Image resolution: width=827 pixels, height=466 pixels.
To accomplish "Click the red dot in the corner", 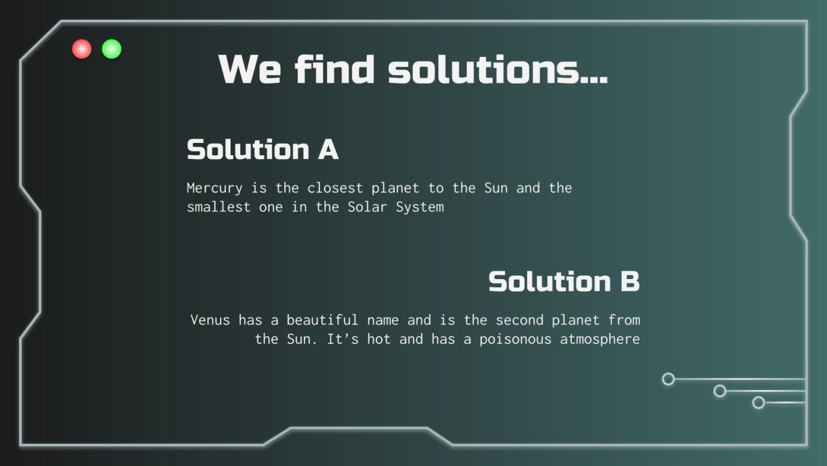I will (x=82, y=49).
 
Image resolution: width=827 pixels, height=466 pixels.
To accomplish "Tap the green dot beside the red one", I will (x=112, y=49).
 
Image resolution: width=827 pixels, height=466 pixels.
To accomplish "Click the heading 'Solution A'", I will (x=263, y=149).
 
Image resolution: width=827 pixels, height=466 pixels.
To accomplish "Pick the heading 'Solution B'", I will (x=564, y=282).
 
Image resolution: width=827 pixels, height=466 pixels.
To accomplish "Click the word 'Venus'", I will (x=210, y=320).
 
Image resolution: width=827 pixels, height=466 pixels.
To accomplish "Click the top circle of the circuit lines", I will (x=668, y=379).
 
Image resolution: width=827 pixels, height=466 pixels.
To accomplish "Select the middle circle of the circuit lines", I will (x=719, y=391).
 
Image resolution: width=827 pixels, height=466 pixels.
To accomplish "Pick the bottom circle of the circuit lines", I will (x=758, y=403).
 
